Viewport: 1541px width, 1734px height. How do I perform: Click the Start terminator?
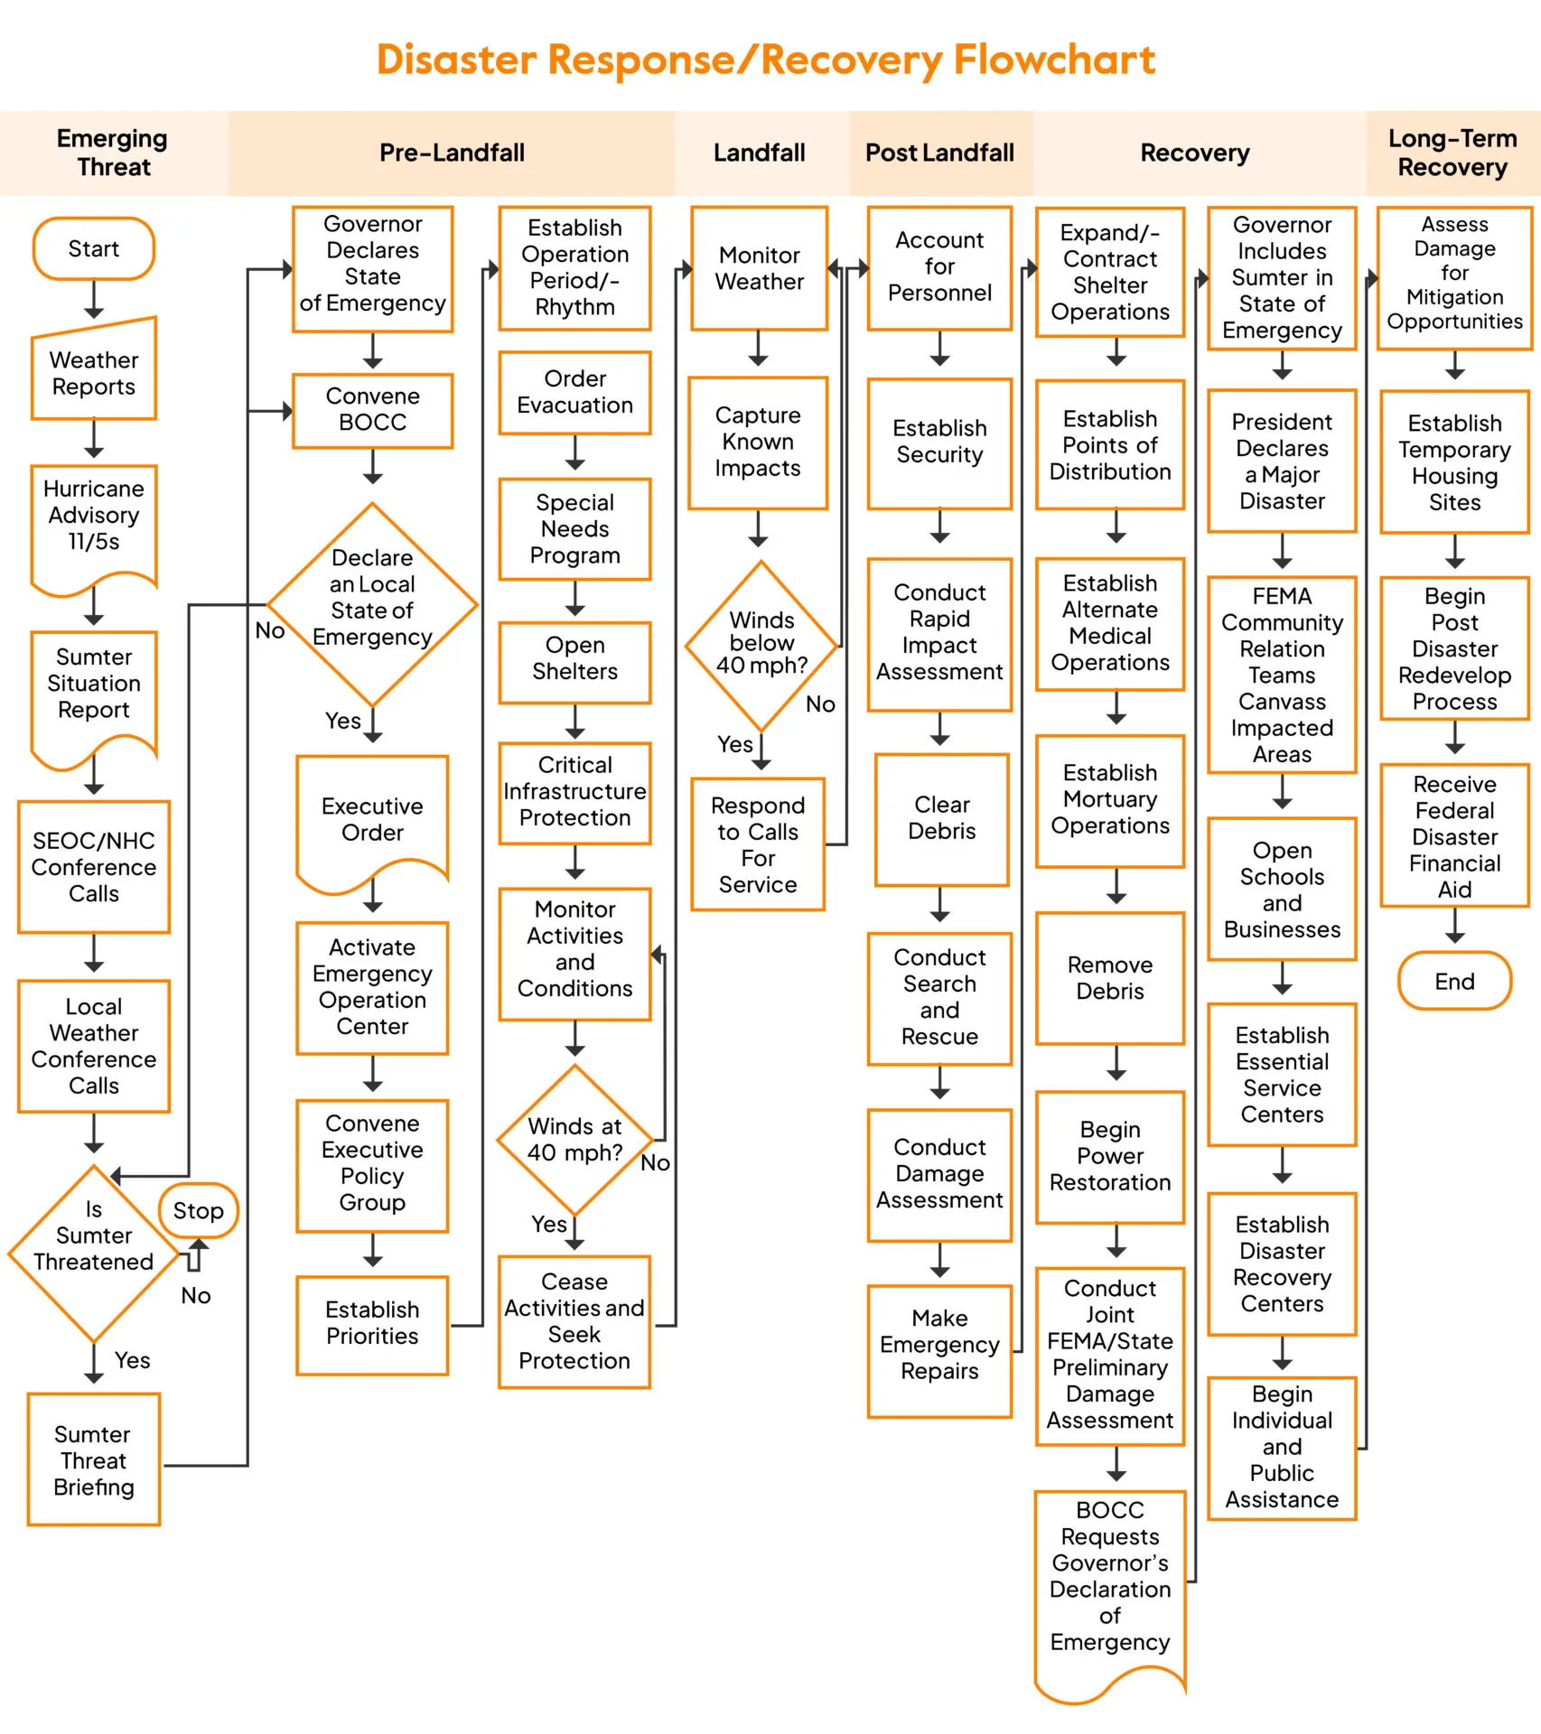[94, 248]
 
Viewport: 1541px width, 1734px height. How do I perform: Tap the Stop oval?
[199, 1210]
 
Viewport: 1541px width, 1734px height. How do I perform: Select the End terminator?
[1454, 981]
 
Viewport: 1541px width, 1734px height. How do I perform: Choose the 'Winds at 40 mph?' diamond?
[574, 1140]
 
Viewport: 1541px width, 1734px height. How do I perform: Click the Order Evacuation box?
[574, 392]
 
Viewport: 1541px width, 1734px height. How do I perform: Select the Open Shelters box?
[574, 659]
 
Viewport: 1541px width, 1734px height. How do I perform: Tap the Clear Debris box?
[941, 818]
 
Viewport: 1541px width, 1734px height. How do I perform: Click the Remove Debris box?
[1110, 978]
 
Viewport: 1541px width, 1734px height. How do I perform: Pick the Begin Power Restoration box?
[1110, 1156]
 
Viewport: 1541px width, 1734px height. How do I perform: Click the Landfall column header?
[760, 153]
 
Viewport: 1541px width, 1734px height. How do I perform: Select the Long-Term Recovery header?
[1452, 153]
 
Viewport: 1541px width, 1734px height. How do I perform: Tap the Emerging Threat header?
[113, 153]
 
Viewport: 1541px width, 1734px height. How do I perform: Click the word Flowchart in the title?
[1054, 60]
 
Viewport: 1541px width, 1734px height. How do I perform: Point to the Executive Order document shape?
[372, 819]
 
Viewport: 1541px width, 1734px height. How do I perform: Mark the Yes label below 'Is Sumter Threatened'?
[132, 1360]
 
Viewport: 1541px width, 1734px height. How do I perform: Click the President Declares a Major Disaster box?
[1282, 461]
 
